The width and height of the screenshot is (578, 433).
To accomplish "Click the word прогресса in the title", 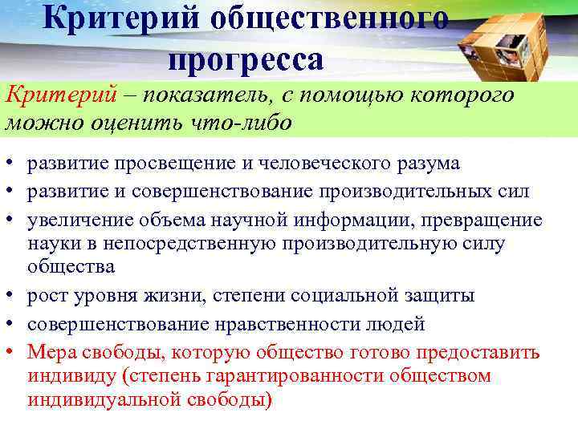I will coord(246,59).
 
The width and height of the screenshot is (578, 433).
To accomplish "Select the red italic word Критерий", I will coord(51,95).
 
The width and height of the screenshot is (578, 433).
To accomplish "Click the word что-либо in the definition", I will coord(244,123).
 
